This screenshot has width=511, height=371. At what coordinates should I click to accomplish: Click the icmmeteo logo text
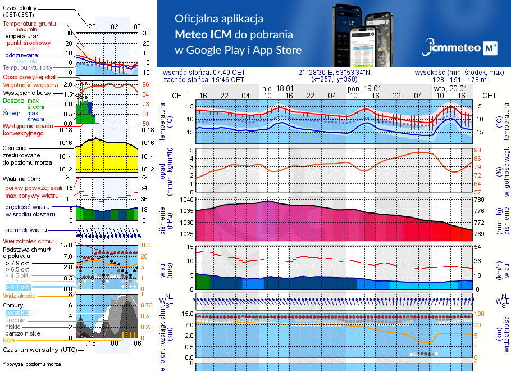click(x=453, y=48)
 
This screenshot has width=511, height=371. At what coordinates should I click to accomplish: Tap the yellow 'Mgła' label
click(x=9, y=340)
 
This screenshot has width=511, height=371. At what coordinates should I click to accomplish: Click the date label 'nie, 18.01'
click(x=278, y=88)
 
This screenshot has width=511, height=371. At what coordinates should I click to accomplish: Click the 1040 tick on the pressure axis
click(x=186, y=200)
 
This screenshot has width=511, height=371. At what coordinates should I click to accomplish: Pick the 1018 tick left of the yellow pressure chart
click(x=67, y=130)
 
